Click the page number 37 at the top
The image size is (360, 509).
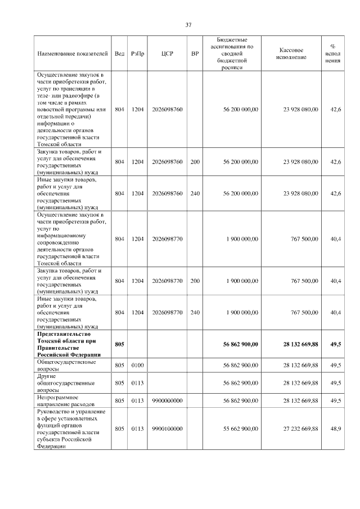pos(189,24)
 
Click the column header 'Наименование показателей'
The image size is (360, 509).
pos(72,53)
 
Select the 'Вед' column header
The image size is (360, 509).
pos(120,53)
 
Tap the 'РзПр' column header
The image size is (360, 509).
pos(137,53)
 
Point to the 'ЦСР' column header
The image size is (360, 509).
pos(167,53)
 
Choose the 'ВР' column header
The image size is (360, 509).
pos(195,53)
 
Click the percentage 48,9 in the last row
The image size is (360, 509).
pos(335,429)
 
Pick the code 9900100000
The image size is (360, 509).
pos(167,429)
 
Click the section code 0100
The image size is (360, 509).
pos(137,366)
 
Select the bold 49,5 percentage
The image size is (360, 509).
pos(335,344)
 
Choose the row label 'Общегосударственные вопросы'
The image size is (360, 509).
pos(66,366)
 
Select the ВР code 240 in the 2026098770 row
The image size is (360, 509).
pos(195,312)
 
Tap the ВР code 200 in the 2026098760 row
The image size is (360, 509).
pos(195,162)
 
